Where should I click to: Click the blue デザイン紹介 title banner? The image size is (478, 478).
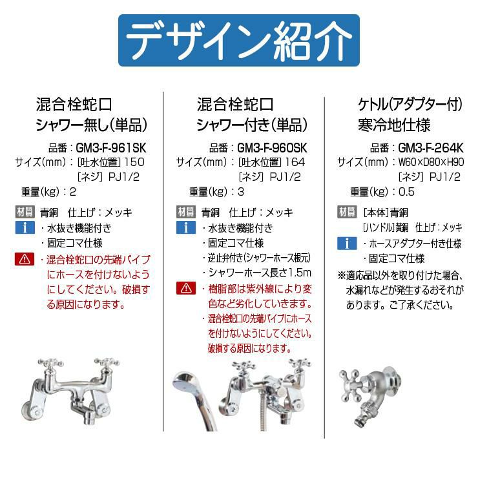point(239,40)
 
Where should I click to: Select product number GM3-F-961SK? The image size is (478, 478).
point(111,148)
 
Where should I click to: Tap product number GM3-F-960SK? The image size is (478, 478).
point(272,148)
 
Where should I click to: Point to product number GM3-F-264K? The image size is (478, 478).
point(431,148)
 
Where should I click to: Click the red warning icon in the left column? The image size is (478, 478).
point(25,259)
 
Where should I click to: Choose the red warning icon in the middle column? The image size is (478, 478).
point(186,288)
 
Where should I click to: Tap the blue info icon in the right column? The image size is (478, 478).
point(347,244)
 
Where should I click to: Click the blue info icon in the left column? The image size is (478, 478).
point(25,227)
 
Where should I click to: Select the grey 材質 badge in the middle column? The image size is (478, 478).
point(186,212)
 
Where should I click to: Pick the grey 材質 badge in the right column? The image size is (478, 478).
point(347,212)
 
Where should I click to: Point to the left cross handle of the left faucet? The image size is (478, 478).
point(50,364)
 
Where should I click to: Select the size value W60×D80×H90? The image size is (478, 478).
point(431,162)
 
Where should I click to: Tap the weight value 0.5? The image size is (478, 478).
point(407,192)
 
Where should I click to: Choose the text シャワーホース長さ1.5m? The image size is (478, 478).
point(260,273)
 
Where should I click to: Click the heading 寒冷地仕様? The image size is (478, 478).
point(394,125)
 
